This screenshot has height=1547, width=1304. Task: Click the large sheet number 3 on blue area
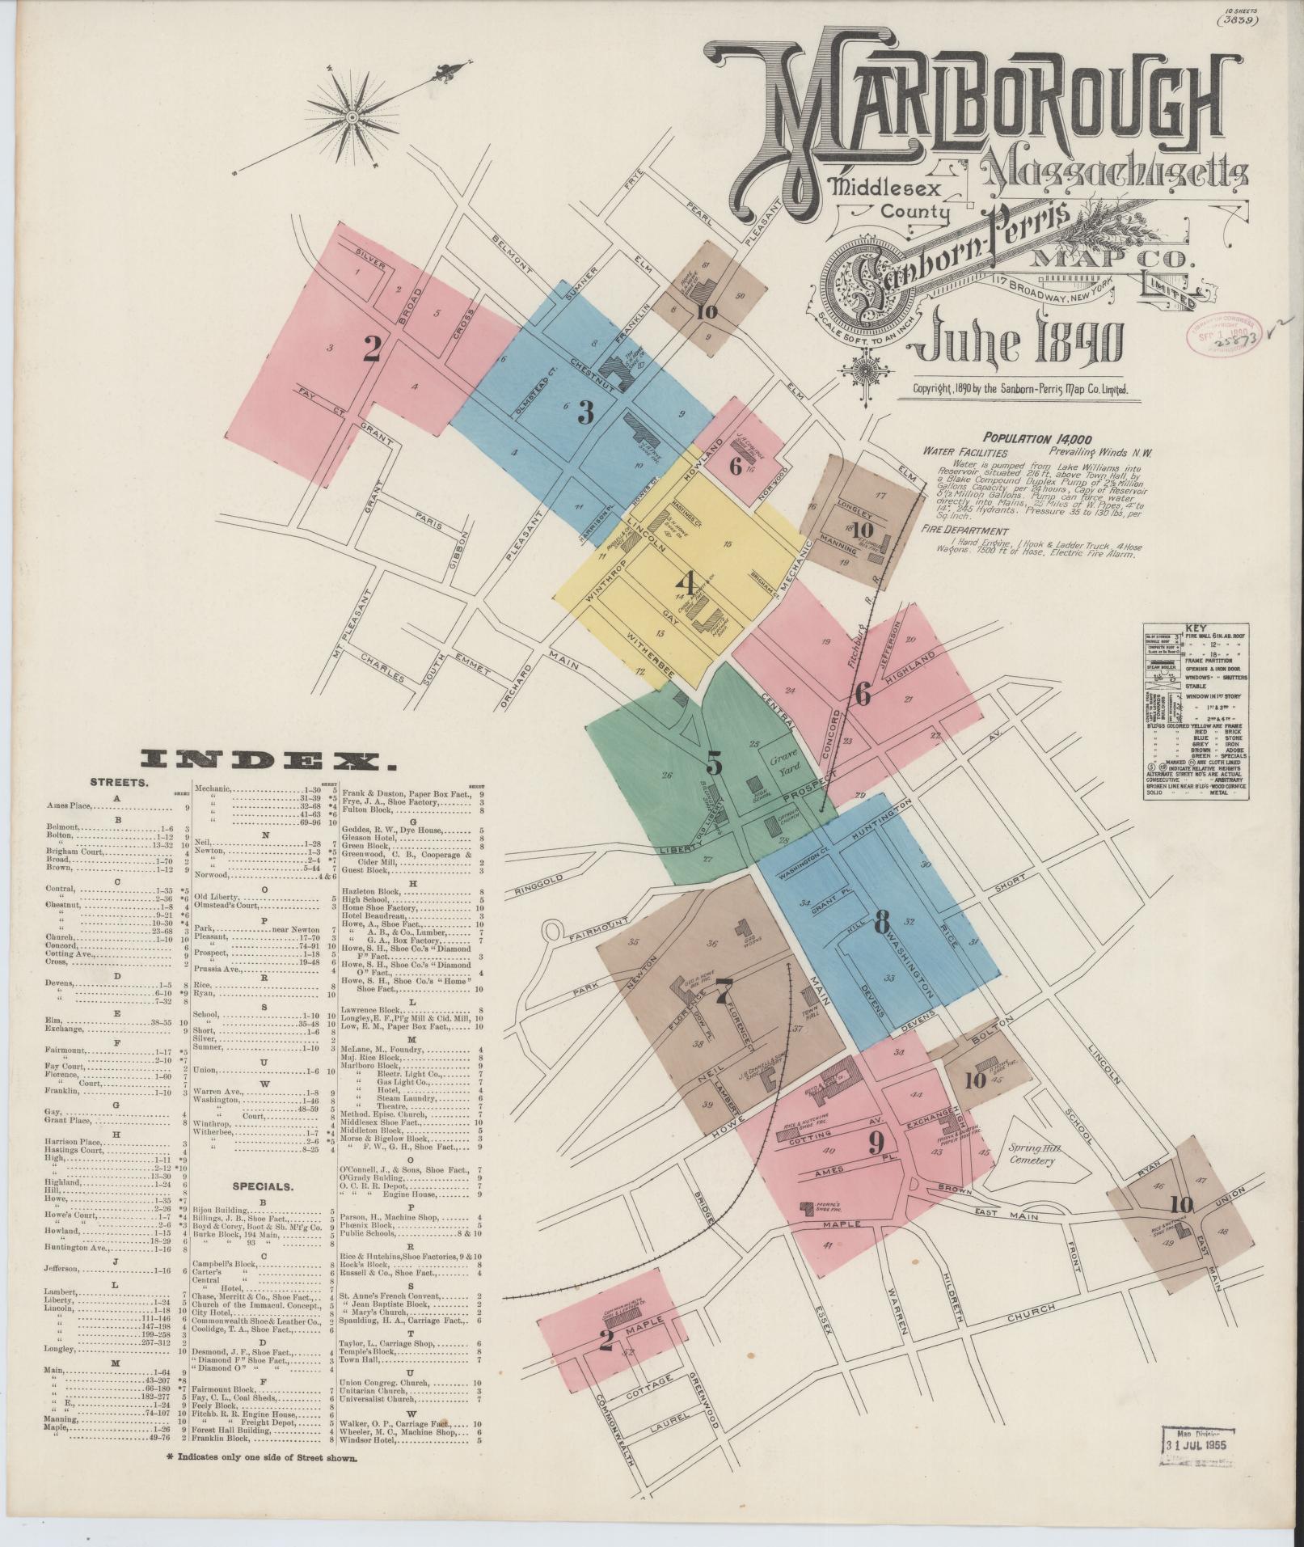(584, 412)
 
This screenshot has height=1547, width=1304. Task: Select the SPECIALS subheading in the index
(262, 1186)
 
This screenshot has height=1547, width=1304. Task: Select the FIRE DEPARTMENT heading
(964, 530)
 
